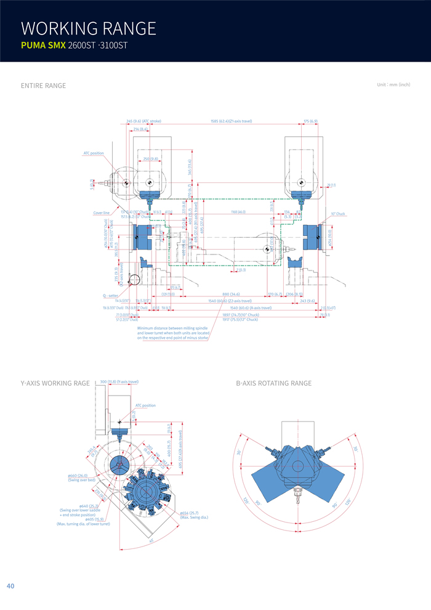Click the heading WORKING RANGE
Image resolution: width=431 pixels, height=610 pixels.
[89, 28]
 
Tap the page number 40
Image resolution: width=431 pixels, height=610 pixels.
[10, 586]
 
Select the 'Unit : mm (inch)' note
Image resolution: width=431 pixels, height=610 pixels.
[393, 84]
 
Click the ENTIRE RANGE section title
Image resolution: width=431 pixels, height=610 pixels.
[43, 86]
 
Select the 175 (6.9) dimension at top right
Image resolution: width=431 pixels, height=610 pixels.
[310, 121]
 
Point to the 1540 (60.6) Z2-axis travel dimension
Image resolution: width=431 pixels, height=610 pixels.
[230, 301]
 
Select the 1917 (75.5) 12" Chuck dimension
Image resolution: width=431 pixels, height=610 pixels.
[240, 319]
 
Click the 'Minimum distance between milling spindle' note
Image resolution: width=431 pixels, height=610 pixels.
[172, 328]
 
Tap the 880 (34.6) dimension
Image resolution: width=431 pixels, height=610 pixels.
[231, 295]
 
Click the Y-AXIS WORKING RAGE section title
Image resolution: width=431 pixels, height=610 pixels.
[55, 383]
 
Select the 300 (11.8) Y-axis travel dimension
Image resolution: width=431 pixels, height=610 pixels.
[119, 382]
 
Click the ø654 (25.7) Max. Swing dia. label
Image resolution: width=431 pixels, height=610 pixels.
[194, 515]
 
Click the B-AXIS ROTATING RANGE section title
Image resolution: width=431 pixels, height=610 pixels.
[273, 383]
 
